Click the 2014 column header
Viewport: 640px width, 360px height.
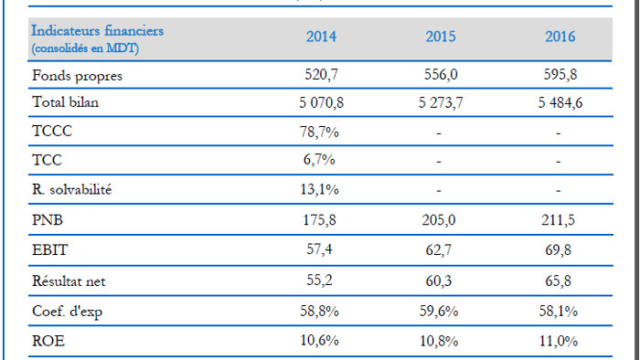click(x=321, y=37)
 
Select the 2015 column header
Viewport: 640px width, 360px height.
click(x=441, y=37)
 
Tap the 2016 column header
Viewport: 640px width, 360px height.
click(x=560, y=37)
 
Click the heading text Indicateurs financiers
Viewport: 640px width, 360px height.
click(x=98, y=30)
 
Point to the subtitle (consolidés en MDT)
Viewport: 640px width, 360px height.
click(x=85, y=48)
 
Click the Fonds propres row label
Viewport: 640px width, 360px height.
click(x=77, y=76)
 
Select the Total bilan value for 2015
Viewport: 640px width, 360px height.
click(x=441, y=102)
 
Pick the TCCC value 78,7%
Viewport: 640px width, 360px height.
click(x=319, y=132)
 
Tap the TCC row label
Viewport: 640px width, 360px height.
click(x=47, y=160)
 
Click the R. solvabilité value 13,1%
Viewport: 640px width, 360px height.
click(x=319, y=189)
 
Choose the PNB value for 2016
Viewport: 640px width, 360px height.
click(x=558, y=220)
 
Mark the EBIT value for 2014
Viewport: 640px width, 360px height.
click(x=319, y=249)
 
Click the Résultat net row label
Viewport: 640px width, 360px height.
click(x=69, y=281)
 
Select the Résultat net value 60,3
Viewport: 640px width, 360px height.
click(x=438, y=281)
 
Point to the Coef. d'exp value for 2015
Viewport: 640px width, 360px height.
click(x=439, y=312)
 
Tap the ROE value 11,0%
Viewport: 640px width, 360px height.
click(x=558, y=341)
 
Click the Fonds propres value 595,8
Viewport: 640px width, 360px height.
click(x=560, y=75)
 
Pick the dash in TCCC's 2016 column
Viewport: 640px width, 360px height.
click(x=558, y=133)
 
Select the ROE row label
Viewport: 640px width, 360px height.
click(x=48, y=341)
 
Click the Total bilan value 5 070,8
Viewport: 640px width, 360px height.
click(x=321, y=102)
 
